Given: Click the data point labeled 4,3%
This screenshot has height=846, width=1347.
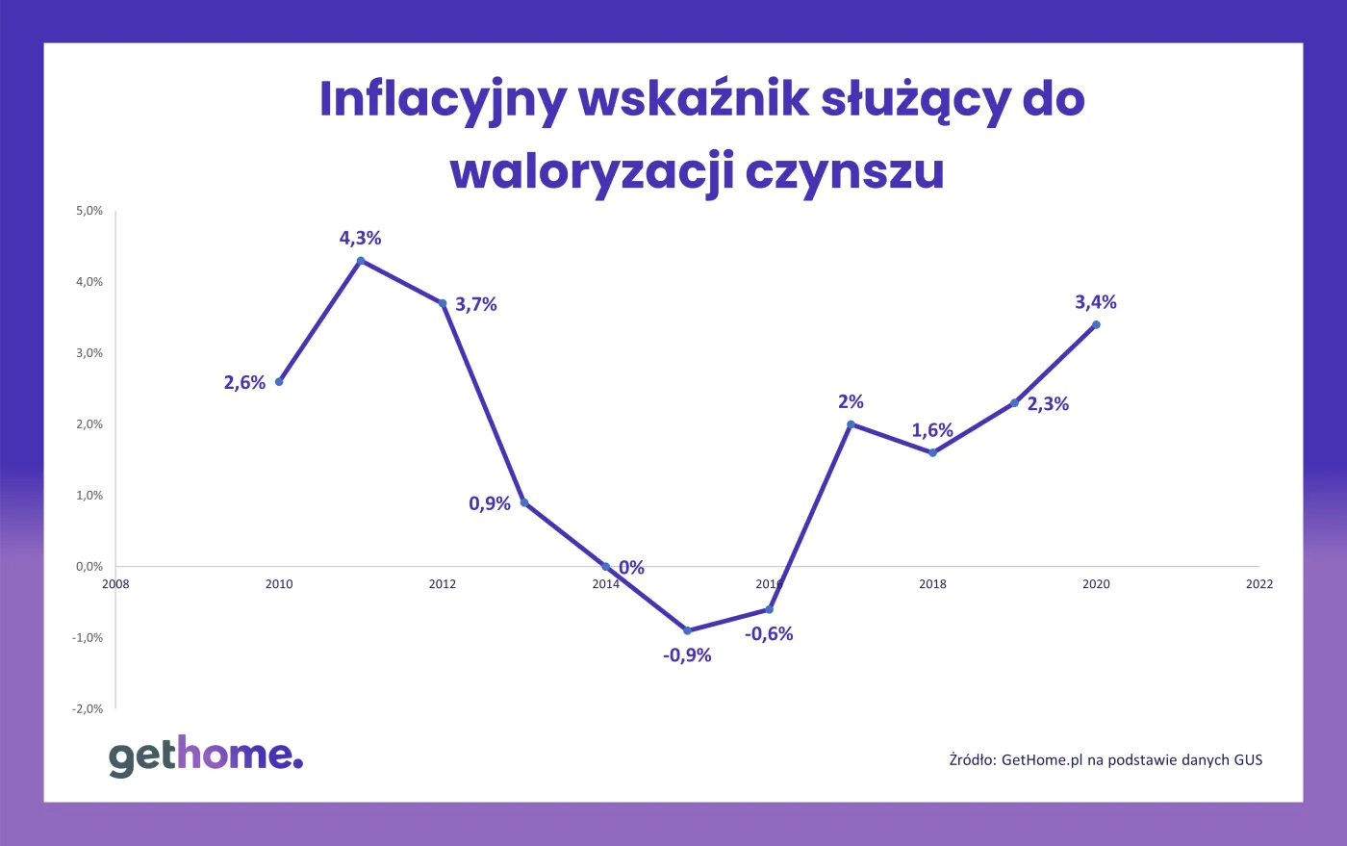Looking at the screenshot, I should (361, 260).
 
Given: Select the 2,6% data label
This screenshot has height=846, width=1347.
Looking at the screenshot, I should (244, 383).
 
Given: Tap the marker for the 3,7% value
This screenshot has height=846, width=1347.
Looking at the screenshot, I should (443, 303).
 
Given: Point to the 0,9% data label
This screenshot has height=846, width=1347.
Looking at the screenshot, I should (490, 503).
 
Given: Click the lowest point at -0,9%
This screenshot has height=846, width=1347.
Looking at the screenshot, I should (687, 630).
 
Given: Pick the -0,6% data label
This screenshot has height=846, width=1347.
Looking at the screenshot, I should (769, 634).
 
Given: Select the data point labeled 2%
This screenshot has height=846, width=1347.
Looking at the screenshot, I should (851, 424).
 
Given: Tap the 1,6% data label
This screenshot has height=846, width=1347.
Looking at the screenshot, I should (932, 430).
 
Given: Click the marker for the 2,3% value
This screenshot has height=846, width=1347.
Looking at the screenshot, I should (1014, 402).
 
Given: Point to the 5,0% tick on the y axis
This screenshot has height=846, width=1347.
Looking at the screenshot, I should (89, 211).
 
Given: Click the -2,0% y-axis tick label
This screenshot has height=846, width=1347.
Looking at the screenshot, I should (88, 709).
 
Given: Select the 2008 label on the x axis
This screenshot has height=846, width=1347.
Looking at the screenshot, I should (115, 584).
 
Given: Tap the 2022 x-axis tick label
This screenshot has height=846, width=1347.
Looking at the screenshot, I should (1258, 584).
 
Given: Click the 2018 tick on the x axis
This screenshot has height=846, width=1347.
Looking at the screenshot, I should (932, 584).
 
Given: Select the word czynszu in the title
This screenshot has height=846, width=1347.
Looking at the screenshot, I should (845, 171).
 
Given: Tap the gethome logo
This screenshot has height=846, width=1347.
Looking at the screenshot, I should (206, 756).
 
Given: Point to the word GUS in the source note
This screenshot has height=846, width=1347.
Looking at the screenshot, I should (1248, 760).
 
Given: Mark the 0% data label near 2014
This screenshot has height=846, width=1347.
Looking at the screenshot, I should (631, 568).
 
